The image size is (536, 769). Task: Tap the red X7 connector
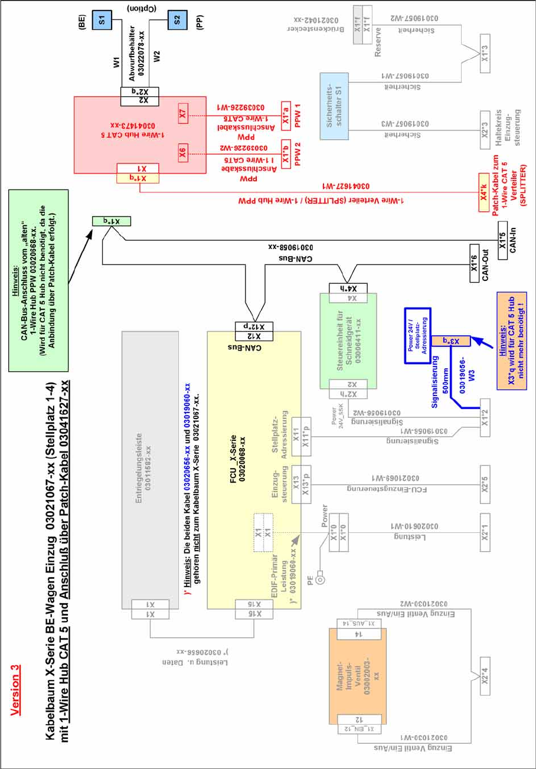coord(183,112)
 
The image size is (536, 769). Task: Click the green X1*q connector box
coord(105,221)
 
